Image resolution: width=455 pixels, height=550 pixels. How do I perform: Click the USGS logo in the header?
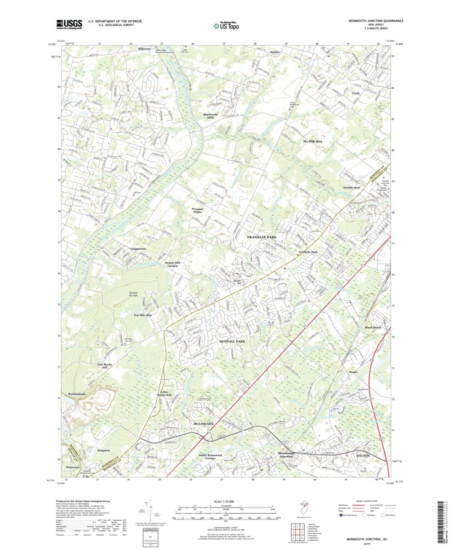tap(69, 24)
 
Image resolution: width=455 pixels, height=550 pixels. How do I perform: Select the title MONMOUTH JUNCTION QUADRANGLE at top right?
tap(376, 20)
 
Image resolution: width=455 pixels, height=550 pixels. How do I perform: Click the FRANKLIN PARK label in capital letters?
tap(261, 237)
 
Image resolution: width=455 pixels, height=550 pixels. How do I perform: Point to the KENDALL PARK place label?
tap(232, 341)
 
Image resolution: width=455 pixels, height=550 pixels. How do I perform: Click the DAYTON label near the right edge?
tap(363, 456)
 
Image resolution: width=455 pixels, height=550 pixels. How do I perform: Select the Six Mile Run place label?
tap(313, 141)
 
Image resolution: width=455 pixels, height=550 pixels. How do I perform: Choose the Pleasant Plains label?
tap(197, 210)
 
